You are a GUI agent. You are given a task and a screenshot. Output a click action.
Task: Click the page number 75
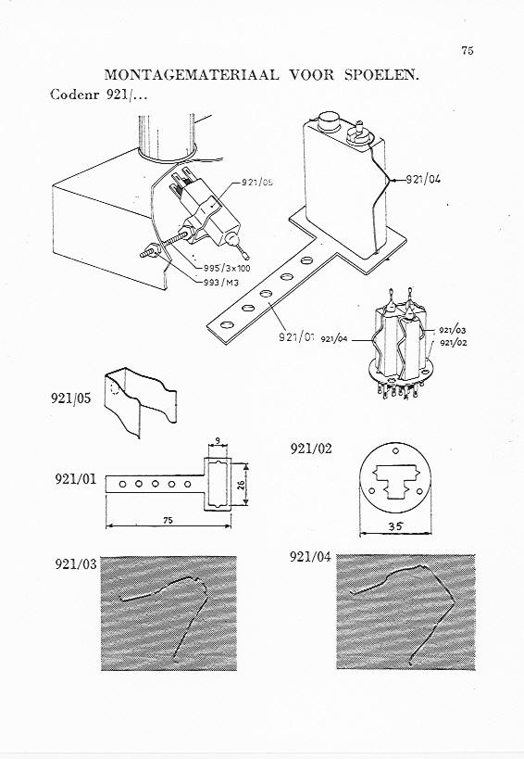click(x=468, y=50)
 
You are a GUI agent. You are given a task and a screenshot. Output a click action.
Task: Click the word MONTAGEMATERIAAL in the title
click(x=192, y=75)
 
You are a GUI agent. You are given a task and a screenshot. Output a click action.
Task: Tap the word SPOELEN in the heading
click(x=381, y=75)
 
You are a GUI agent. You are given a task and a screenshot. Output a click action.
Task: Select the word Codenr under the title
click(x=74, y=94)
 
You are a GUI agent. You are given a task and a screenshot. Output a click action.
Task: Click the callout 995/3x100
click(x=227, y=269)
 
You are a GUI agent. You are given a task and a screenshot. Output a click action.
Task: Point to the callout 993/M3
click(x=221, y=283)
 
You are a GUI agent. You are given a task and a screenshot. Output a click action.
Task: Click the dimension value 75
click(x=168, y=520)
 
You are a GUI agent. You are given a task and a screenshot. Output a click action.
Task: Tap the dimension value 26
click(x=242, y=484)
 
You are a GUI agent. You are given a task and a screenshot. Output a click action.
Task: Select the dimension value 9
click(x=218, y=441)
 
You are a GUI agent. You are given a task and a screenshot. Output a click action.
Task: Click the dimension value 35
click(x=396, y=526)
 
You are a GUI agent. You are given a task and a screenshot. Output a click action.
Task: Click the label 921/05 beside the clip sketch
click(x=70, y=398)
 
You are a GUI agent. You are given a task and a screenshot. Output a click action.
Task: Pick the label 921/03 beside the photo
click(x=75, y=564)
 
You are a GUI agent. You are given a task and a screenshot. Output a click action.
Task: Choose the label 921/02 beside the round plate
click(x=311, y=449)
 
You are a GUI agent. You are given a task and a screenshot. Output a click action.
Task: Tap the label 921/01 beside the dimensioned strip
click(x=75, y=479)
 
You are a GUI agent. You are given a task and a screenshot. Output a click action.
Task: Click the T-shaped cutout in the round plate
click(x=395, y=481)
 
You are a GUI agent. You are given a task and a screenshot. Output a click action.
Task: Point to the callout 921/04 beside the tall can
click(x=423, y=179)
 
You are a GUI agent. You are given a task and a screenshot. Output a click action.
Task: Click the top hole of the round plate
click(x=396, y=451)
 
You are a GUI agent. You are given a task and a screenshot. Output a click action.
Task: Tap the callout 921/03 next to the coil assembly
click(x=453, y=331)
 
